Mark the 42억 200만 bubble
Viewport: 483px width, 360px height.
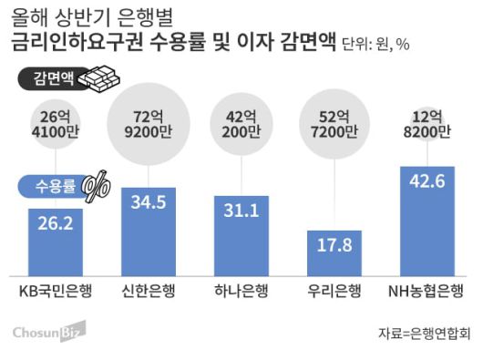click(241, 125)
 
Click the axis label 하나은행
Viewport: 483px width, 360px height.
click(241, 293)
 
